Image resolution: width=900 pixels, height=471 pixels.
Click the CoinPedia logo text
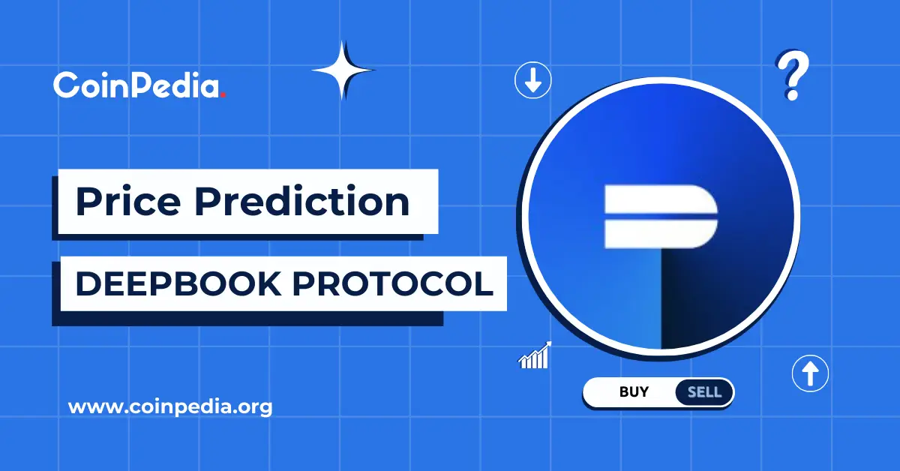coord(138,85)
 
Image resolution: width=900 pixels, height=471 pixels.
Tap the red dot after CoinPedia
coord(223,94)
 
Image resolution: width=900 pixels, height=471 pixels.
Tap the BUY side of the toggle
coord(634,391)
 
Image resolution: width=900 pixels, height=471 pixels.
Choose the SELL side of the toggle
coord(703,391)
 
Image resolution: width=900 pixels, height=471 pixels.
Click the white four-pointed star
coord(343,70)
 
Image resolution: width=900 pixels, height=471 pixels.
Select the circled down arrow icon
coord(533,80)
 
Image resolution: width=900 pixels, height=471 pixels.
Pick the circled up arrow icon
coord(810,372)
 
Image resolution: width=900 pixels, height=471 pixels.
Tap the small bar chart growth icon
coord(535,355)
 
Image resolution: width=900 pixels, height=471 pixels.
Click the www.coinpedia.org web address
coord(170,408)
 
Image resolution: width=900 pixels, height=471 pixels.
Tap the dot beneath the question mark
coord(791,94)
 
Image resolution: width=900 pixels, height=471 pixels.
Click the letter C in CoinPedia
coord(65,85)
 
